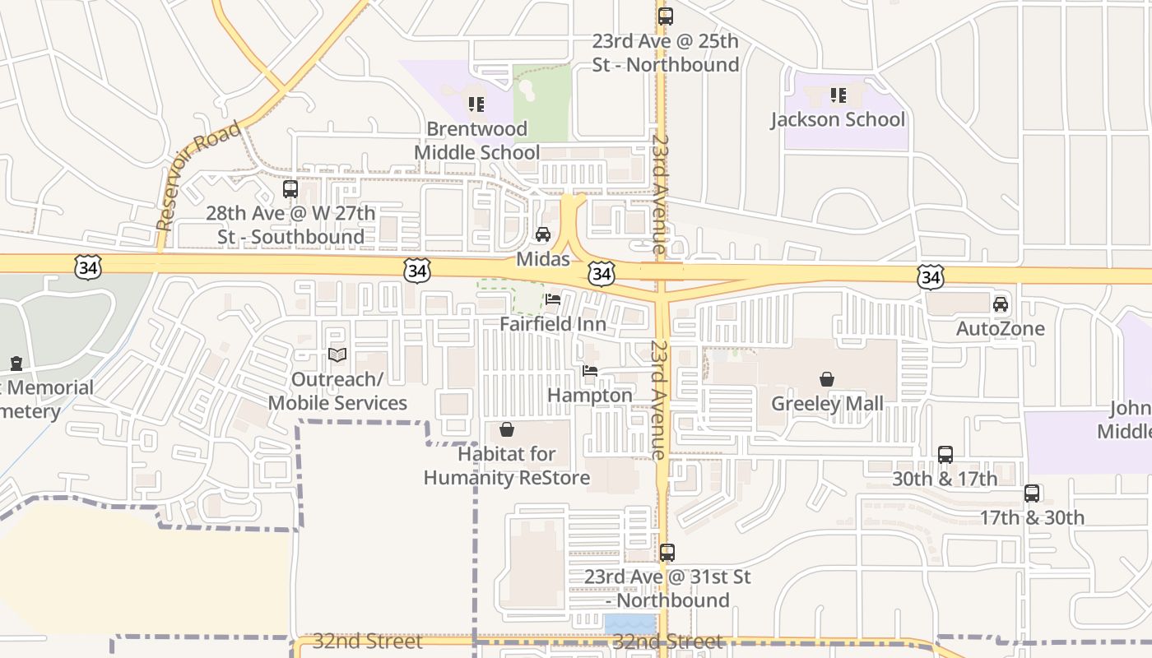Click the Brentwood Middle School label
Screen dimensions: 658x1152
[476, 141]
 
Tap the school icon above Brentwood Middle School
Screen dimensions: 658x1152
[476, 104]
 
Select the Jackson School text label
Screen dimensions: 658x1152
[838, 119]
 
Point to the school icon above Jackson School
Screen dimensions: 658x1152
[838, 95]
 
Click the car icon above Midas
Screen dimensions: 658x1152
[543, 234]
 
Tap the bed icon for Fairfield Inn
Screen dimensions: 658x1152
[553, 299]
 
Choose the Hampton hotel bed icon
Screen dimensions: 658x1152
[590, 371]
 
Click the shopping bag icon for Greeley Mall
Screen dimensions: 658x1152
[827, 379]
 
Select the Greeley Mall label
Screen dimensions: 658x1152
[827, 403]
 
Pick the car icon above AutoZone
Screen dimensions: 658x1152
[1001, 304]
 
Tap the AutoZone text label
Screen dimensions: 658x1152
[1001, 329]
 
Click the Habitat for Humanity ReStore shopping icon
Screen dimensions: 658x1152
[507, 429]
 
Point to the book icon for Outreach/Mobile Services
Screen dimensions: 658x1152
[337, 355]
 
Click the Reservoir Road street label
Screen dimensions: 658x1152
[198, 176]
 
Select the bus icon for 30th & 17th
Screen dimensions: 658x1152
[945, 455]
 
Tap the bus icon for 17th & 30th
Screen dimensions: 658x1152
[1032, 493]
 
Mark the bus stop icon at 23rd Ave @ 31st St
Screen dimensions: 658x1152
[667, 553]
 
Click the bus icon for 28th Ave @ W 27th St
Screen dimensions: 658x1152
[290, 189]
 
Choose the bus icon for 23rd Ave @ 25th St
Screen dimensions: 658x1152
[666, 16]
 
